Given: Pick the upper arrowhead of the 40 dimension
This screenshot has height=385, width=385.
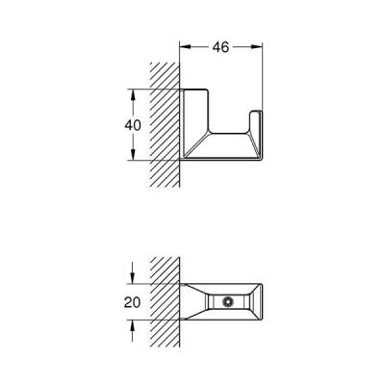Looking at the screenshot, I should click(x=129, y=92).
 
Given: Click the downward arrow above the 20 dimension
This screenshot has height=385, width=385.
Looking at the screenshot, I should click(x=130, y=278).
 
